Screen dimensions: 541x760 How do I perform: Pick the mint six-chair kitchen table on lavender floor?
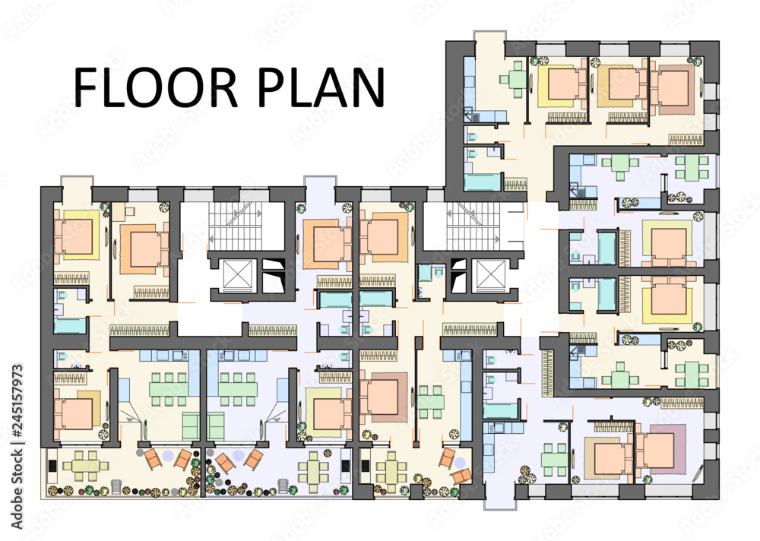point(238,388)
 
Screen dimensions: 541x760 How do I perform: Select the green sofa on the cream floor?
point(192,426)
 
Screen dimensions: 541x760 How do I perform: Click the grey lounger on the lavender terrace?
point(284,487)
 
